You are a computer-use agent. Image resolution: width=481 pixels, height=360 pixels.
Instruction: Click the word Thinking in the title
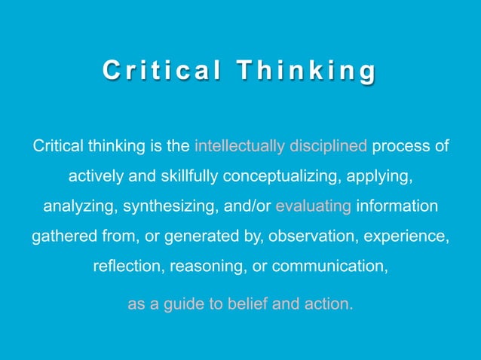[306, 72]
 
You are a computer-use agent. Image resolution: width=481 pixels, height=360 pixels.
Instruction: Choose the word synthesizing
[167, 206]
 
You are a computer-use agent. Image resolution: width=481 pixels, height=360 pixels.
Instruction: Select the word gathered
[62, 236]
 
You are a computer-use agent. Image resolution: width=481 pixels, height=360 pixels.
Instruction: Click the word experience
[407, 236]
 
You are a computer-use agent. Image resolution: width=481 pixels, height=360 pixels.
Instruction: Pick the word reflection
[128, 266]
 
